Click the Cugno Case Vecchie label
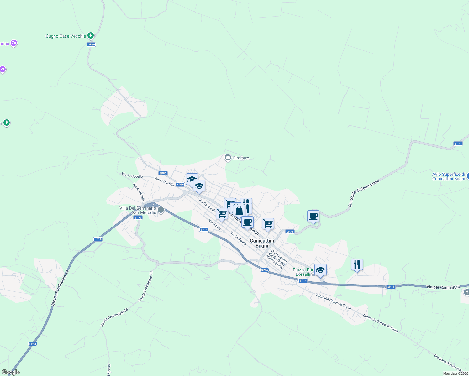click(66, 36)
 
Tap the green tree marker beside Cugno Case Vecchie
click(91, 36)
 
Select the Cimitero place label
click(241, 158)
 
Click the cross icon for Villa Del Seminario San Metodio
click(161, 210)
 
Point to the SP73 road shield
click(138, 217)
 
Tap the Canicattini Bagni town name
click(262, 243)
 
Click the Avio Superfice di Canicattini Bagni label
click(449, 176)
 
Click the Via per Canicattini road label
click(443, 287)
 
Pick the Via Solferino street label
click(238, 238)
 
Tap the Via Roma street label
click(215, 224)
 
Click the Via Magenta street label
click(275, 262)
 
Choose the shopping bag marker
click(239, 211)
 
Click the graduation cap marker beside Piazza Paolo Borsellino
click(320, 270)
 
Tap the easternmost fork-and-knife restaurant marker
click(357, 264)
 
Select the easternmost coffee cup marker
click(313, 216)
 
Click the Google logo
click(10, 372)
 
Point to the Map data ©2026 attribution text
click(456, 373)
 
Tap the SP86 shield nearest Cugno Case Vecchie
click(91, 44)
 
